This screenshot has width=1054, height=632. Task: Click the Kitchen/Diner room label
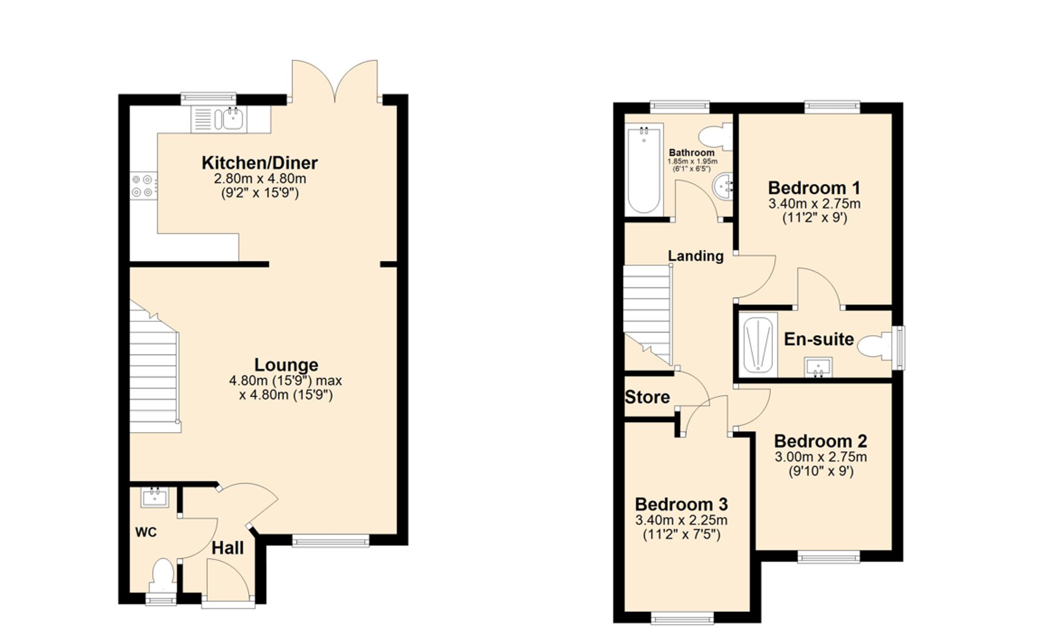(x=259, y=163)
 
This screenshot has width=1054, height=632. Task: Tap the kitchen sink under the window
(x=232, y=119)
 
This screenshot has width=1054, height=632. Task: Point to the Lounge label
(x=286, y=365)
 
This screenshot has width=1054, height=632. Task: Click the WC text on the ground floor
(x=146, y=532)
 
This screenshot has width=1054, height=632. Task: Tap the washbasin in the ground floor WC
(x=154, y=498)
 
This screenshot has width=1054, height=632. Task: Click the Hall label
(x=228, y=548)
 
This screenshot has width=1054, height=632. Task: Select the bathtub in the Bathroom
(x=643, y=170)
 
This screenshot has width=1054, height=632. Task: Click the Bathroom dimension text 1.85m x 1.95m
(x=692, y=161)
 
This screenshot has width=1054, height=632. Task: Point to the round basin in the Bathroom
(x=722, y=187)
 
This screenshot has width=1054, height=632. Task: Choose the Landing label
(x=696, y=256)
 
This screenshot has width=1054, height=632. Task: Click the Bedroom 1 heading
(x=814, y=188)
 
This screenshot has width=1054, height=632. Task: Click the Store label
(x=647, y=397)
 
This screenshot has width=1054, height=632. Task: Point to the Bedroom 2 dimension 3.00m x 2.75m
(x=821, y=457)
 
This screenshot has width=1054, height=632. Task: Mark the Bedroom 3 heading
(x=681, y=504)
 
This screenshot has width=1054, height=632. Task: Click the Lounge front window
(x=330, y=541)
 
